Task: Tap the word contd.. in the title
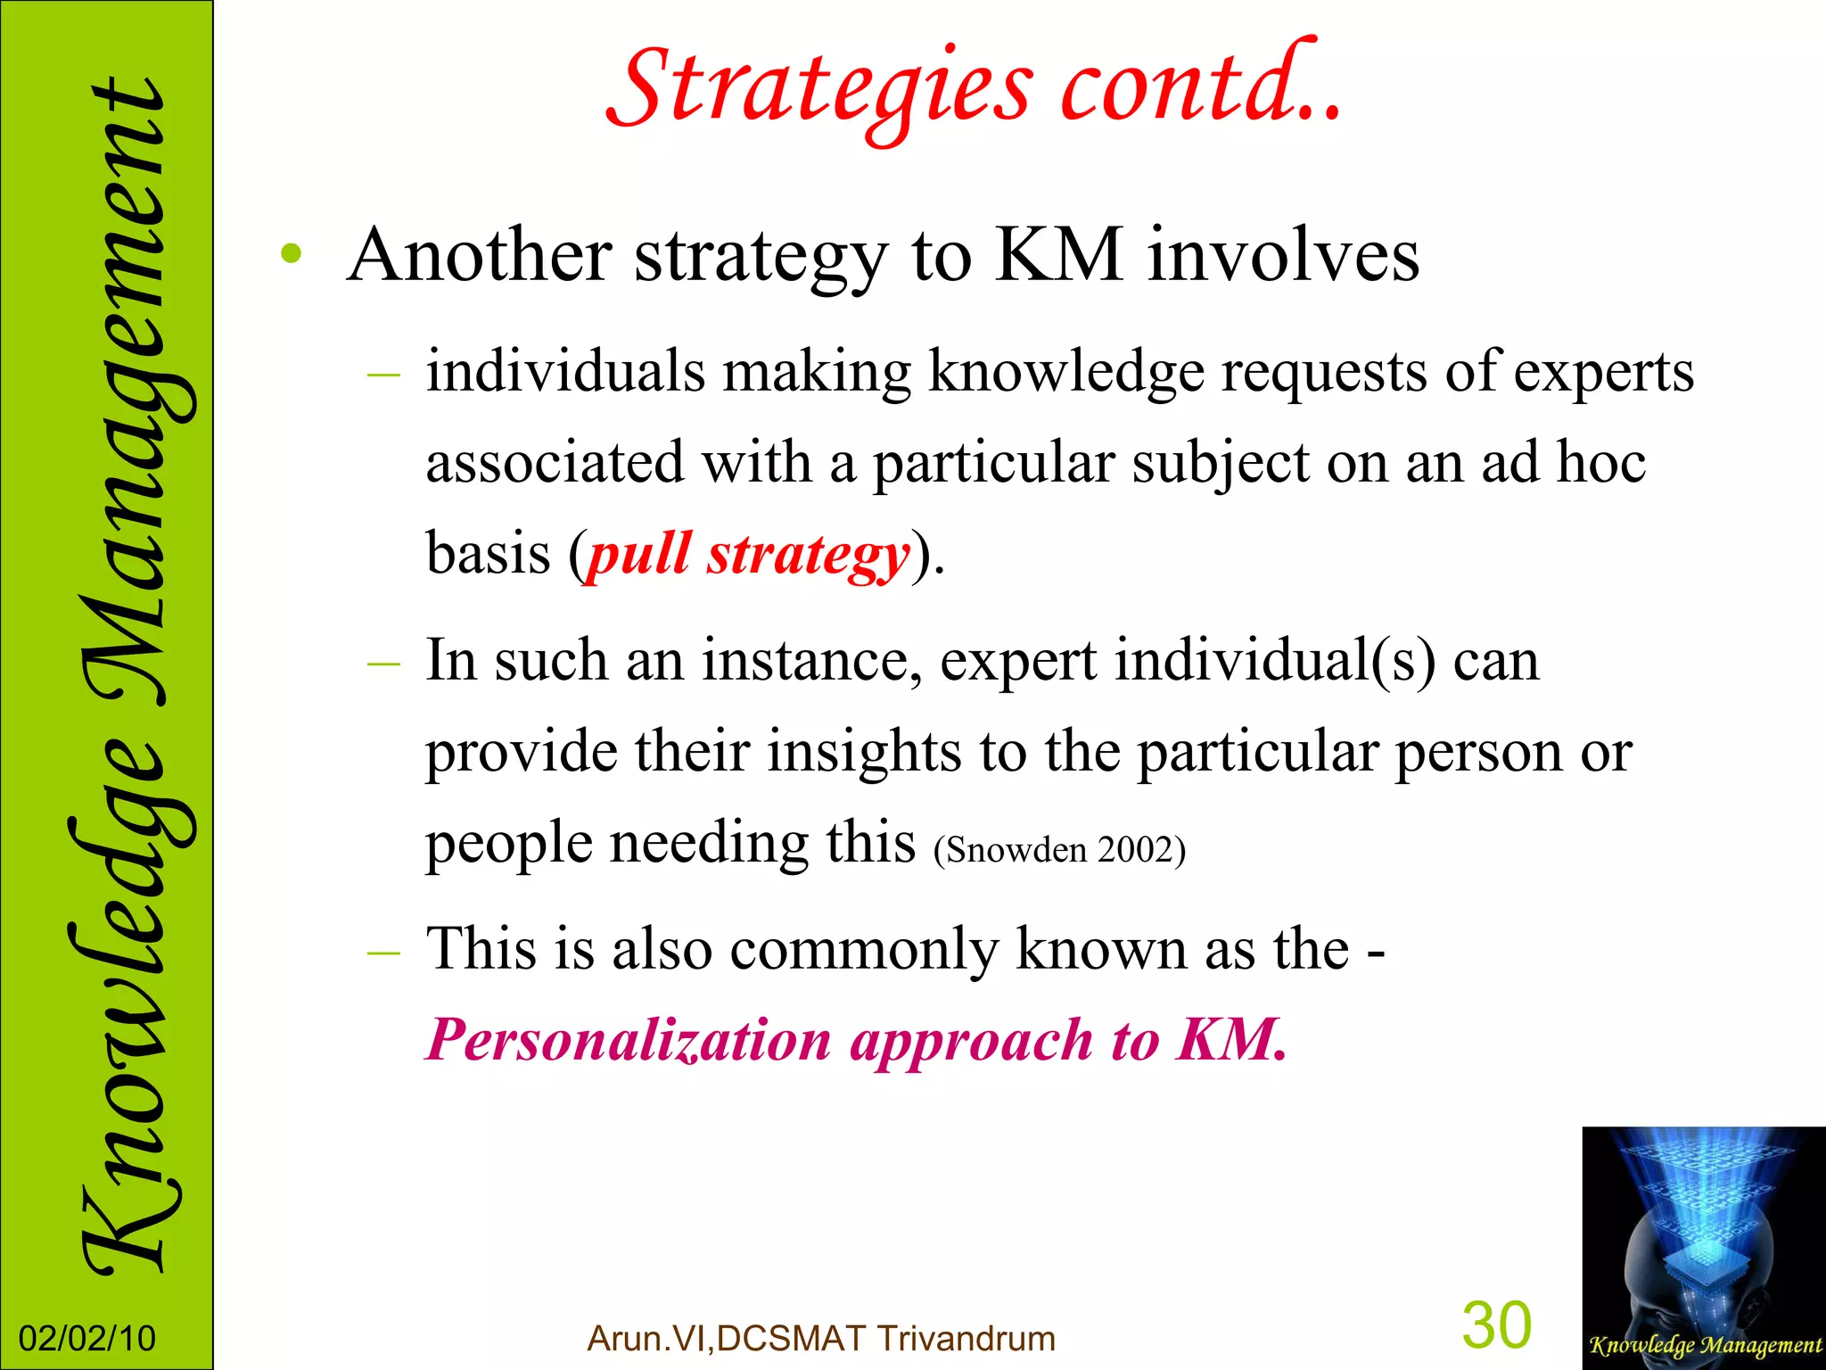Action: tap(1200, 86)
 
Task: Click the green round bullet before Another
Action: tap(291, 255)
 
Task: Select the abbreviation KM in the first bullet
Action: tap(1057, 255)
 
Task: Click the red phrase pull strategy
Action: tap(747, 555)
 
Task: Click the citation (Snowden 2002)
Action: tap(1059, 849)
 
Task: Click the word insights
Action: tap(863, 751)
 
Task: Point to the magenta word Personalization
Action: tap(628, 1040)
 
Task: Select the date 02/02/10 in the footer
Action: tap(86, 1339)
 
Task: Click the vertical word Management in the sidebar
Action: tap(125, 392)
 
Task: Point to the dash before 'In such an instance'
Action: tap(383, 664)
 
